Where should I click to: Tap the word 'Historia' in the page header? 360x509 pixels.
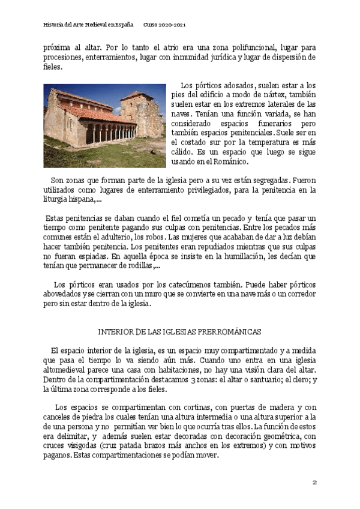55,25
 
